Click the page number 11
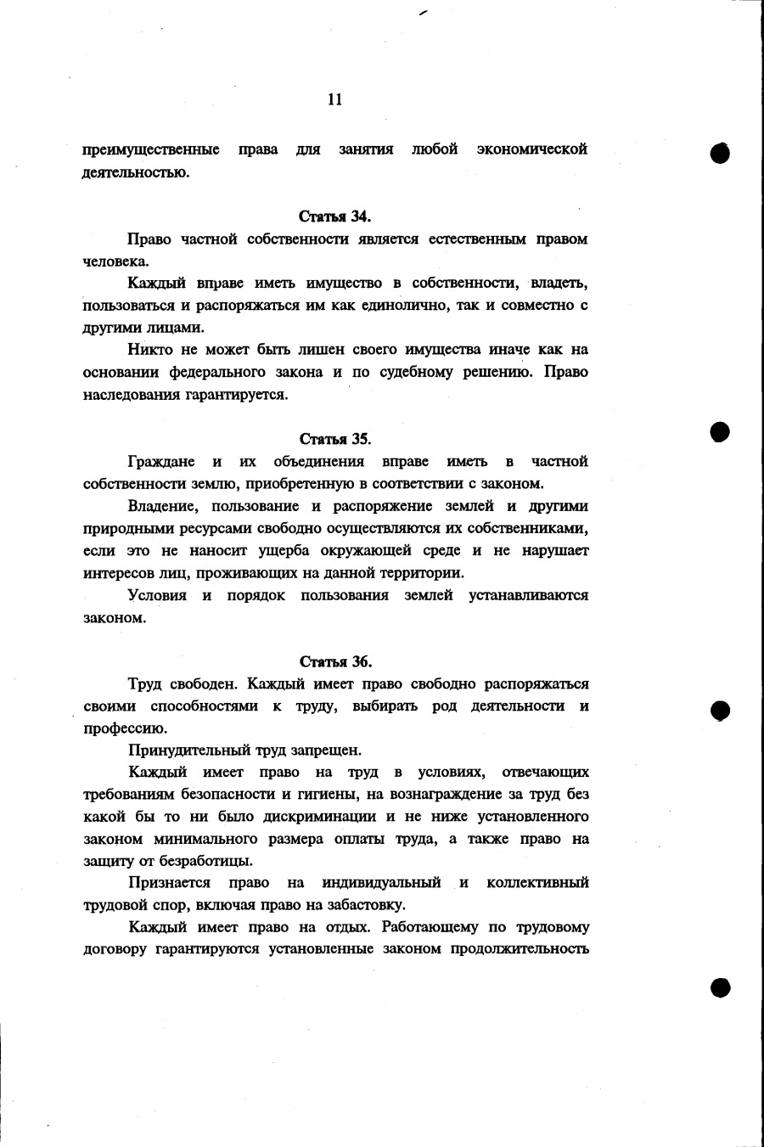pos(334,99)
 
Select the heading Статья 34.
pos(335,216)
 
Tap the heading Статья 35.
pos(335,439)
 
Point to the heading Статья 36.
pos(335,661)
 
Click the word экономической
pos(532,150)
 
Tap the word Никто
pos(149,350)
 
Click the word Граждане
pos(160,461)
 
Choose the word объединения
pos(319,461)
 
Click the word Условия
pos(157,594)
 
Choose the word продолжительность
pos(524,948)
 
